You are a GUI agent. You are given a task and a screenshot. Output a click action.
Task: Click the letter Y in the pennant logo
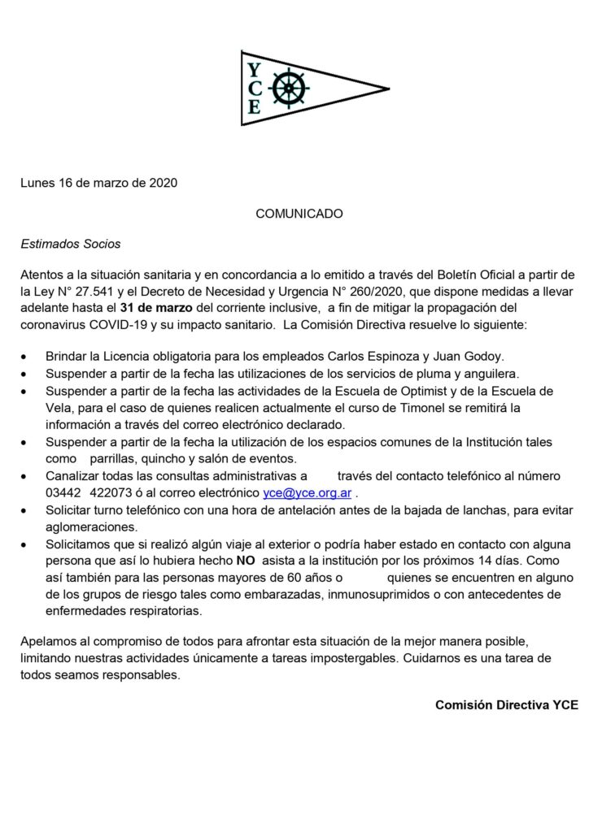[x=254, y=68]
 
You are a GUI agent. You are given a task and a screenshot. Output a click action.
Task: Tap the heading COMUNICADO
[x=299, y=214]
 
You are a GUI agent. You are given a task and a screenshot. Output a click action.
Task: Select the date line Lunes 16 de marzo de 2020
[x=98, y=183]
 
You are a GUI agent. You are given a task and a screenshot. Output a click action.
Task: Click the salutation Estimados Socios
[x=72, y=243]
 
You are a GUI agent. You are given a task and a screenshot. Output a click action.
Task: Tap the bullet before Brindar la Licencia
[x=28, y=357]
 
